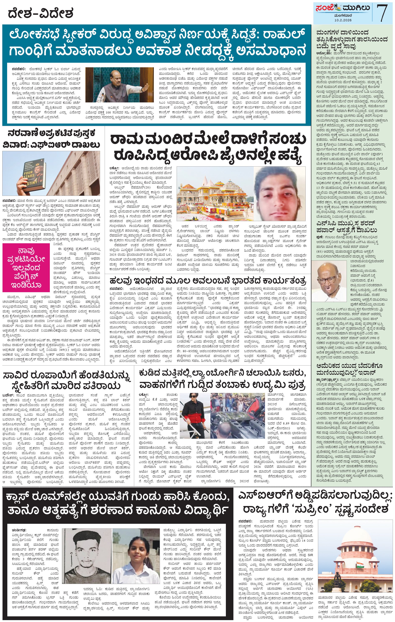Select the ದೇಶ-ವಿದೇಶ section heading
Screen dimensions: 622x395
click(x=41, y=13)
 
